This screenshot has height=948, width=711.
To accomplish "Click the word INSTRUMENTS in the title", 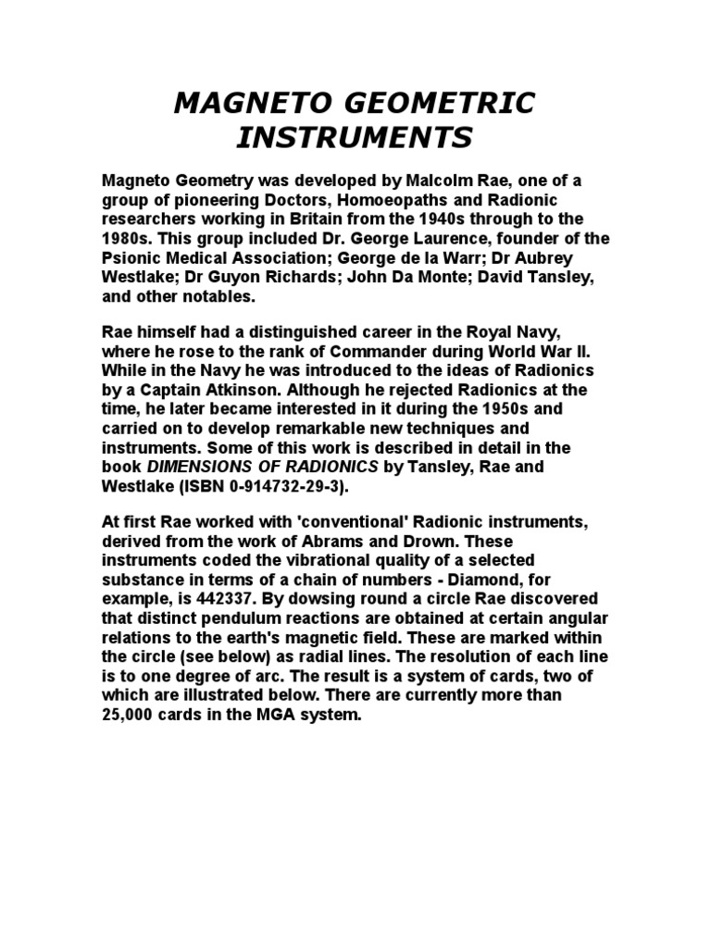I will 355,138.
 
